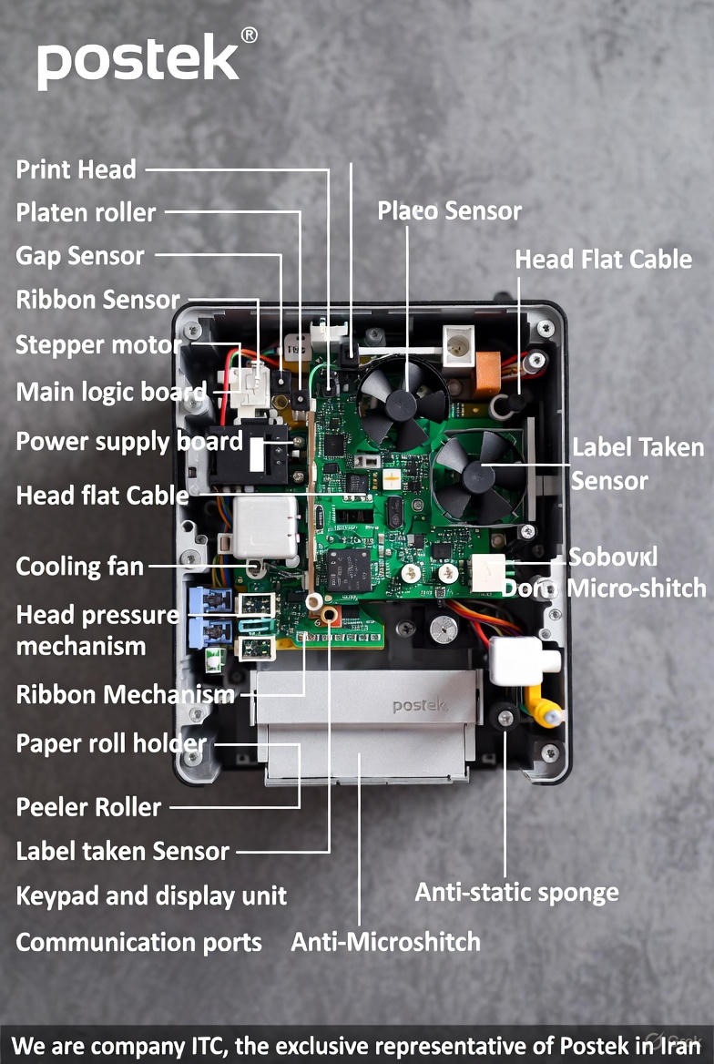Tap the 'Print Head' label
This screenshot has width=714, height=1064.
(x=76, y=169)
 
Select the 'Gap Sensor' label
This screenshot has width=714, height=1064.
(x=80, y=256)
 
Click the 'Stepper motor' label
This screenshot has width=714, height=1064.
(x=98, y=345)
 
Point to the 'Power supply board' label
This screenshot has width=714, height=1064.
(x=128, y=442)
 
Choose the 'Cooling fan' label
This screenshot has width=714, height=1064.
(x=80, y=567)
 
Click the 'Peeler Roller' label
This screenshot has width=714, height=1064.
(x=88, y=807)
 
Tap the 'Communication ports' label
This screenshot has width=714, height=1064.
(x=138, y=942)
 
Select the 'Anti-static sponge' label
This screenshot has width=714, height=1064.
(x=516, y=892)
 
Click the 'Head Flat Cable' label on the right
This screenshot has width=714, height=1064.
(x=603, y=260)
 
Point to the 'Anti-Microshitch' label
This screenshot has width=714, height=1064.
(x=385, y=941)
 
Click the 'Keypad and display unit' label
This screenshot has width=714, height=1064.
(x=151, y=895)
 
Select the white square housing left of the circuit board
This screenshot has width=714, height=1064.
(x=264, y=527)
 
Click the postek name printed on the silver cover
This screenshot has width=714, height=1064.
(x=420, y=705)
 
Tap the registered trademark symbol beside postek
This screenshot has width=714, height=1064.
(x=248, y=35)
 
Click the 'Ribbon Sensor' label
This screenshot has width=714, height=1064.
(x=97, y=300)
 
